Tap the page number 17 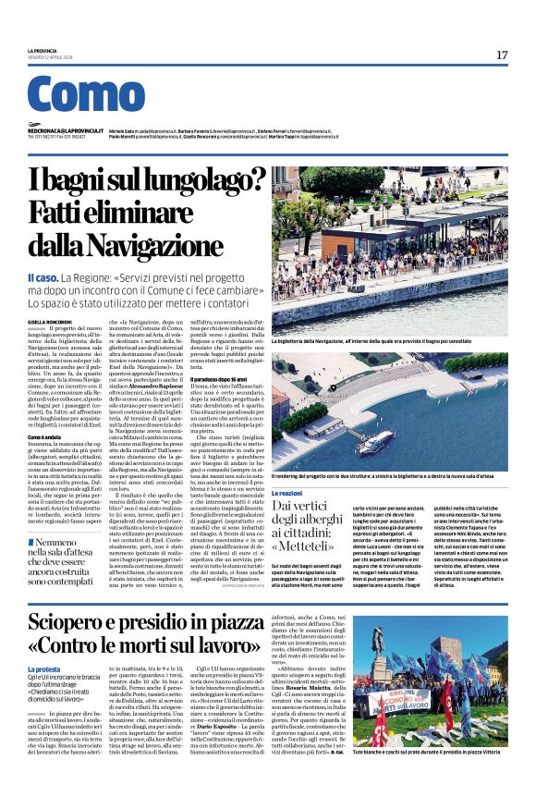[502, 55]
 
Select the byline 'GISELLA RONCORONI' [49, 320]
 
